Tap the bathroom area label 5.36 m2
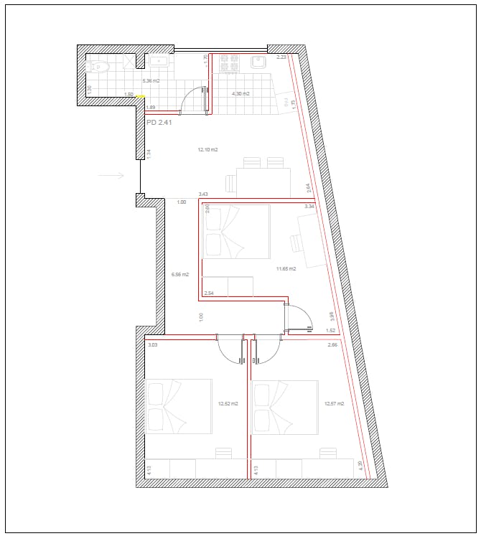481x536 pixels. click(x=151, y=81)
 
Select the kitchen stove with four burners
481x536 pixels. click(x=229, y=63)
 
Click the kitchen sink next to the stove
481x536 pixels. click(x=258, y=63)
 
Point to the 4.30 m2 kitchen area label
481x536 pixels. click(x=240, y=94)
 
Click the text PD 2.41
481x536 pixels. click(x=159, y=123)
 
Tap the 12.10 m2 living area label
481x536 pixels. click(x=207, y=150)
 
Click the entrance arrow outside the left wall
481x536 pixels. click(x=111, y=174)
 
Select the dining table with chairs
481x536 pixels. click(x=263, y=179)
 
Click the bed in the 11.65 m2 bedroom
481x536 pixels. click(x=235, y=232)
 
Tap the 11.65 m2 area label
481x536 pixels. click(x=286, y=268)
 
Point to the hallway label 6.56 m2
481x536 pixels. click(x=179, y=274)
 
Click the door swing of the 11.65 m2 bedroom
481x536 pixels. click(x=300, y=316)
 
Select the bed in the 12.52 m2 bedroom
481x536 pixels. click(x=178, y=406)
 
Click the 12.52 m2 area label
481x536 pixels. click(x=228, y=403)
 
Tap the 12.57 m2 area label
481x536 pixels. click(x=334, y=403)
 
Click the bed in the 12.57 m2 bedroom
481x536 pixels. click(x=284, y=407)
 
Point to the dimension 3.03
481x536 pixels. click(x=152, y=345)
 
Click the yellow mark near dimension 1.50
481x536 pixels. click(x=141, y=95)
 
